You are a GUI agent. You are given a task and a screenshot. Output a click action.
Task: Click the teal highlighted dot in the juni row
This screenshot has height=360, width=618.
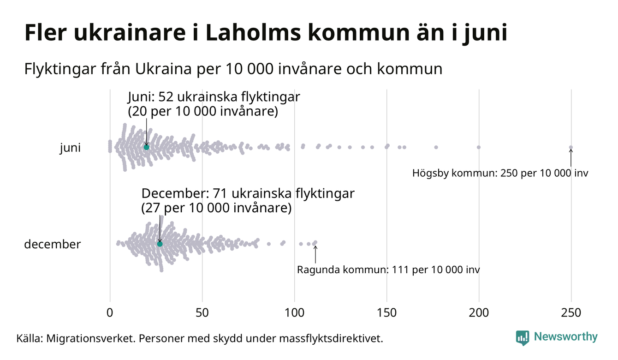[x=146, y=147]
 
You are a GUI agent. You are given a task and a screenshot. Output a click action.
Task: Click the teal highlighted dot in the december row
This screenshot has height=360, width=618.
[x=160, y=244]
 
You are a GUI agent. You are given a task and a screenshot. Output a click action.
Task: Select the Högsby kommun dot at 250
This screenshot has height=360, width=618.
[x=571, y=148]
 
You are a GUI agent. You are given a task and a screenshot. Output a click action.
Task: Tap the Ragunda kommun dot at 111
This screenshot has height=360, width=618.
[x=315, y=242]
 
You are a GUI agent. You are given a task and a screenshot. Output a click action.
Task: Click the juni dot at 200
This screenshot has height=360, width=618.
[x=479, y=147]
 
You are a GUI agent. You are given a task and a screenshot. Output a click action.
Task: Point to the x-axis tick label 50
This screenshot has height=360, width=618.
[x=202, y=313]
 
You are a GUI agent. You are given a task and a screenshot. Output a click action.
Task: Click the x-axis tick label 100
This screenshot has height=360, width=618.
[x=294, y=313]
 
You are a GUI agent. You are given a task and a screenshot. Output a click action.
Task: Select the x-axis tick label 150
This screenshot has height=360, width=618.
[x=386, y=313]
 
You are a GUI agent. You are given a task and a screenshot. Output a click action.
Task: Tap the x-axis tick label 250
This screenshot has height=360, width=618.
[x=571, y=313]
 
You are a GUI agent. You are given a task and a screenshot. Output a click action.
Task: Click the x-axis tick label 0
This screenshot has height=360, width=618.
[x=110, y=313]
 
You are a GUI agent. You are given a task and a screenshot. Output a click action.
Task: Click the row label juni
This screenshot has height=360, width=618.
[x=70, y=148]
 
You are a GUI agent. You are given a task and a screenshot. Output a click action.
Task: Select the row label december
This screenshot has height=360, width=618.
[x=52, y=244]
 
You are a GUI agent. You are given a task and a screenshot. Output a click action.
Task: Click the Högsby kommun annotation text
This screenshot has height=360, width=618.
[x=500, y=174]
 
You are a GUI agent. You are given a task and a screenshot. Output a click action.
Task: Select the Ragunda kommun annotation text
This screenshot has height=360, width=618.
[x=388, y=270]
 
